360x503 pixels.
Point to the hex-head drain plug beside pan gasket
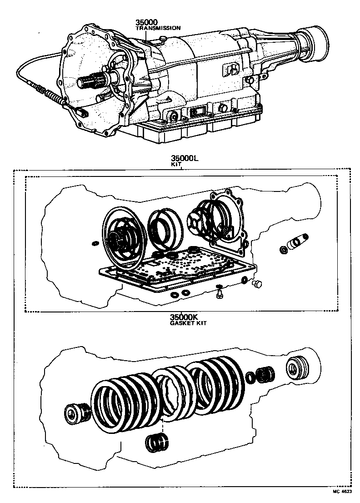click(x=257, y=284)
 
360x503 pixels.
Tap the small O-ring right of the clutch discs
click(x=250, y=377)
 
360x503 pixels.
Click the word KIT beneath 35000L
click(x=176, y=165)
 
